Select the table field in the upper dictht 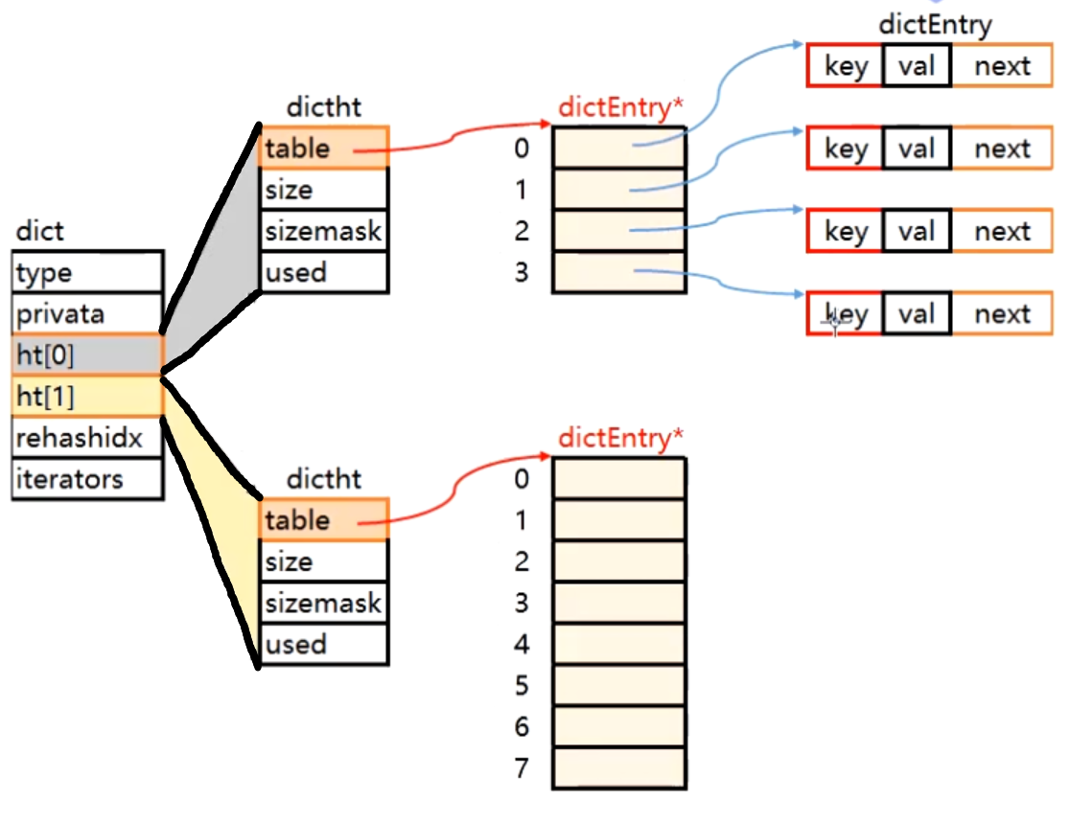coord(323,149)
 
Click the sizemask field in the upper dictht coord(323,231)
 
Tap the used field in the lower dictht coord(323,644)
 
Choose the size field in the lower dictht coord(323,561)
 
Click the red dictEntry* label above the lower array coord(620,439)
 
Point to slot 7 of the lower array coord(619,767)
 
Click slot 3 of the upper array coord(619,272)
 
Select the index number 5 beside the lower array coord(522,685)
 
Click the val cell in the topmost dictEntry coord(917,66)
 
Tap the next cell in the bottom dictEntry coord(1002,314)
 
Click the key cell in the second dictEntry coord(845,149)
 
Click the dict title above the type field coord(39,232)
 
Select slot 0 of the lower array coord(619,478)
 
